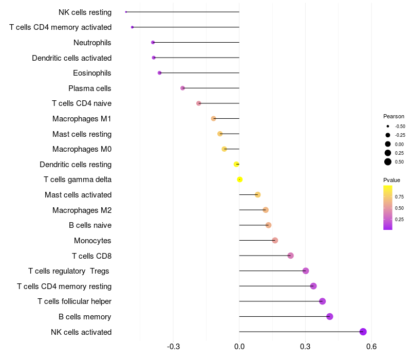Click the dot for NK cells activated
363,332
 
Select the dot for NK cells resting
126,12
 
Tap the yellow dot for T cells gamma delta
239,179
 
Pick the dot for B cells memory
329,316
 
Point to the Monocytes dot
275,240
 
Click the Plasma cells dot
182,88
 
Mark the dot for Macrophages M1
214,119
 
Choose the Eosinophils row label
92,73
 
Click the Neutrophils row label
92,43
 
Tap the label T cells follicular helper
74,301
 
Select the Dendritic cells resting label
76,165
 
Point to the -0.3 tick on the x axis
173,347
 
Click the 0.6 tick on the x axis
371,347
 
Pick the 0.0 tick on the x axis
239,347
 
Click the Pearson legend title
394,116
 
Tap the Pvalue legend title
391,180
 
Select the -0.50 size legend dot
388,126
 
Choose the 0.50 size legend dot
388,162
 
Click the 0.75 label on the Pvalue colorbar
399,197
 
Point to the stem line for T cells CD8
265,256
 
